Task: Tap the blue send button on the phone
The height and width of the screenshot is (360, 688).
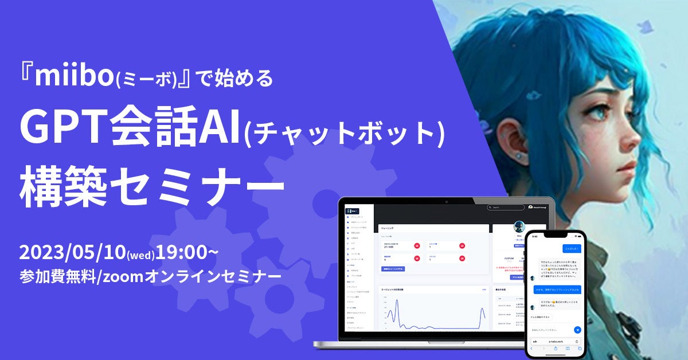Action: click(577, 330)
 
